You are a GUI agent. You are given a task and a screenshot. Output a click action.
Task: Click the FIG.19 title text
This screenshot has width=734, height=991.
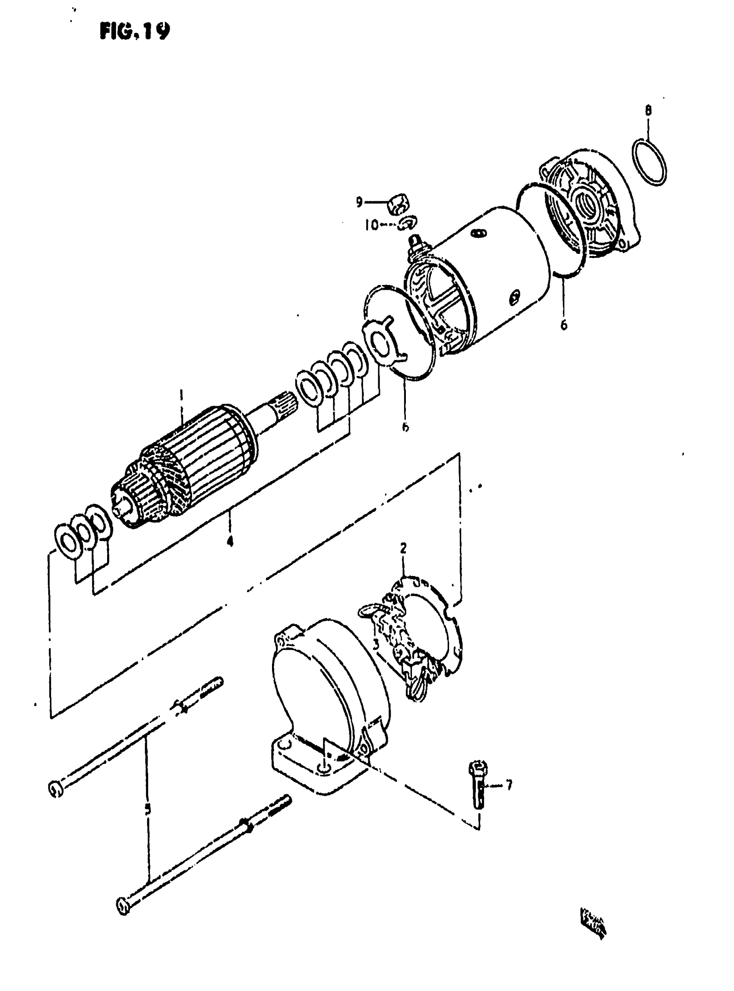click(135, 31)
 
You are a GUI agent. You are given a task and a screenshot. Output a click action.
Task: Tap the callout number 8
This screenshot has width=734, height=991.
click(648, 110)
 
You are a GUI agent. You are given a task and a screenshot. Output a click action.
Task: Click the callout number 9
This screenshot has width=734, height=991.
click(359, 202)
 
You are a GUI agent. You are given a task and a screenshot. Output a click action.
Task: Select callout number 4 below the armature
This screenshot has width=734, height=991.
click(230, 541)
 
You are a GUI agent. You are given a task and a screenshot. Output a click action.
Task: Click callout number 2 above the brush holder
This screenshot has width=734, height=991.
click(403, 548)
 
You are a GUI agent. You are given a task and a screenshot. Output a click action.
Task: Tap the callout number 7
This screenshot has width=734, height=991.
click(509, 785)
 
